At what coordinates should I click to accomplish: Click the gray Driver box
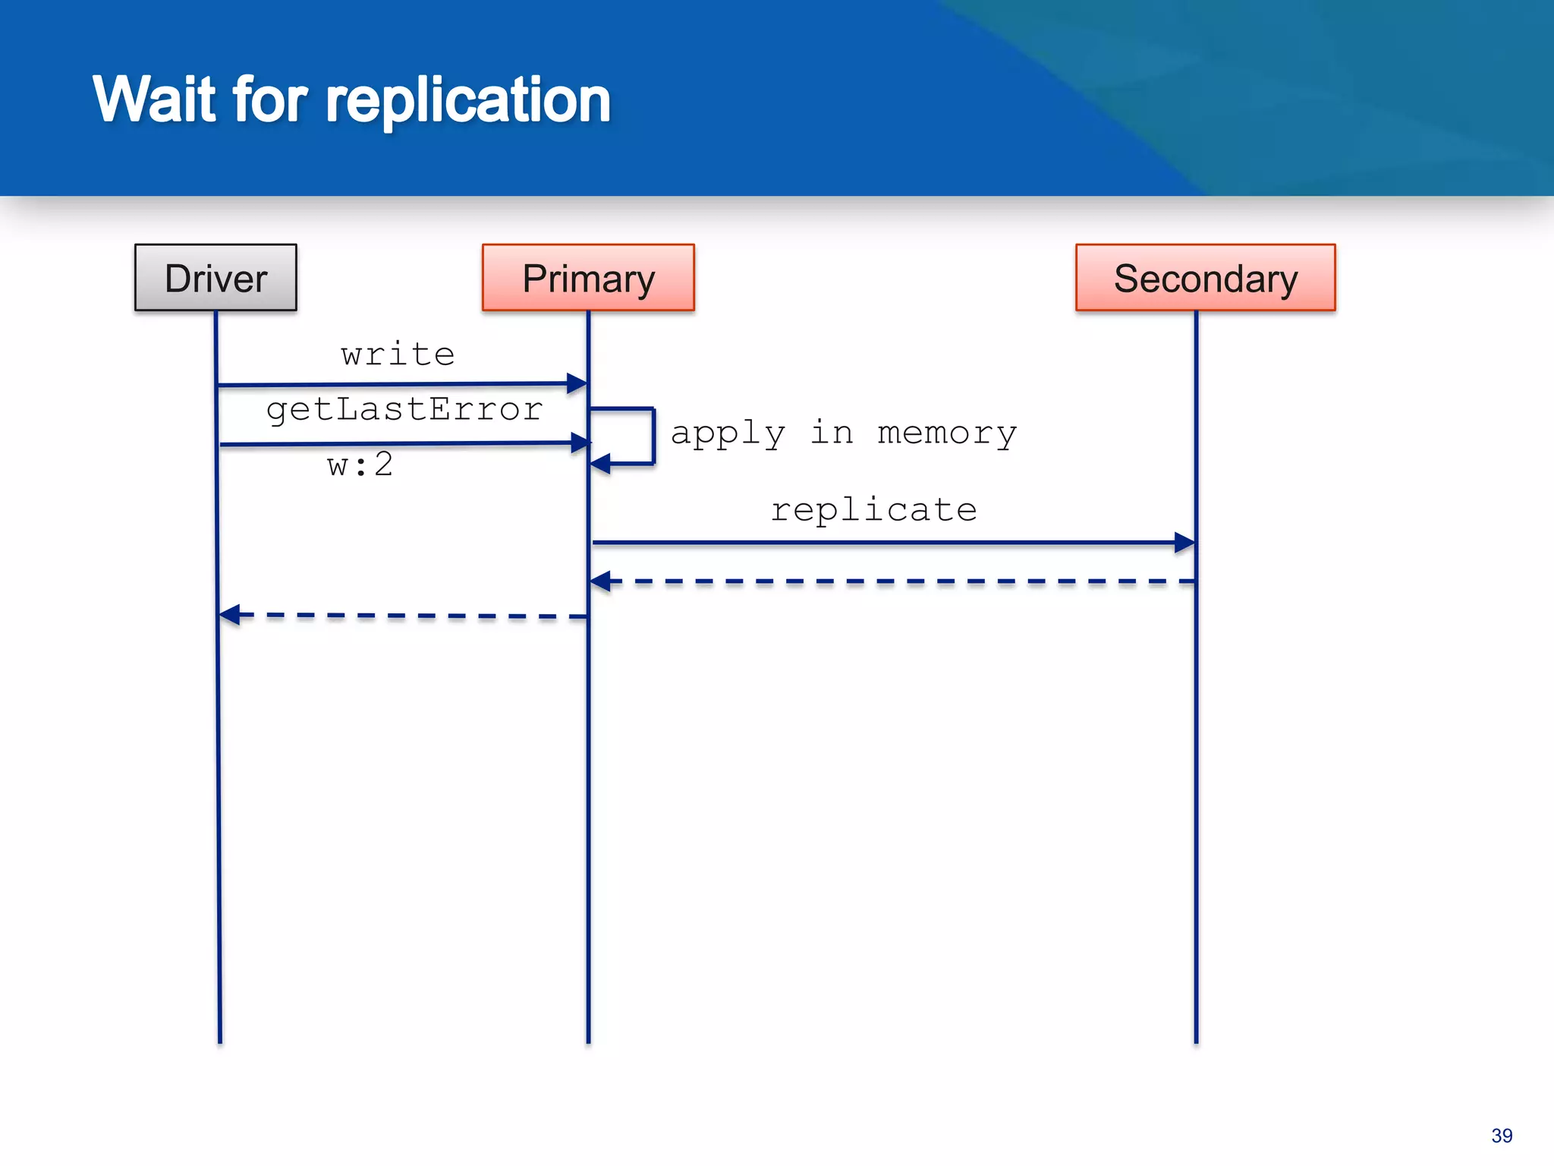click(x=215, y=278)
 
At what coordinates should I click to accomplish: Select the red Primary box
click(x=588, y=278)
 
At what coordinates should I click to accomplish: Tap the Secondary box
click(x=1205, y=278)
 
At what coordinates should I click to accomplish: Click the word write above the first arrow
click(x=398, y=355)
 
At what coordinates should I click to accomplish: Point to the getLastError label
click(x=404, y=410)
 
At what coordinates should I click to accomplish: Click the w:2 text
click(x=360, y=465)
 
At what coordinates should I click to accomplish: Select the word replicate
click(x=873, y=509)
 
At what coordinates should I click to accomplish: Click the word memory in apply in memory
click(x=946, y=433)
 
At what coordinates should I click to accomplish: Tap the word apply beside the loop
click(x=728, y=433)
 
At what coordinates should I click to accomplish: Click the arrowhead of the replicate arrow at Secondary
click(x=1185, y=543)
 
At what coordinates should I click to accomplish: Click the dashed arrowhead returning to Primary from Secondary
click(x=601, y=581)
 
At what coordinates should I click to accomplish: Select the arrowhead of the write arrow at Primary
click(x=577, y=383)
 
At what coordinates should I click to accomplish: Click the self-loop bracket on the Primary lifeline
click(x=652, y=436)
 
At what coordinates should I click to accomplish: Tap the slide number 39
click(x=1501, y=1136)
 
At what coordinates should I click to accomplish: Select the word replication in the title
click(x=467, y=99)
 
